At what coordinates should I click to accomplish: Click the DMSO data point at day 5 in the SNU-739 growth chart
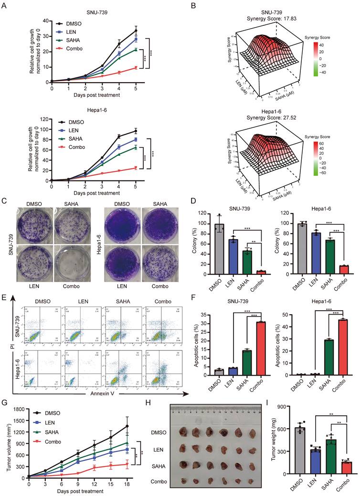[x=137, y=31]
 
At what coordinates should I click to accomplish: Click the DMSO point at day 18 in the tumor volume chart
[x=127, y=426]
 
